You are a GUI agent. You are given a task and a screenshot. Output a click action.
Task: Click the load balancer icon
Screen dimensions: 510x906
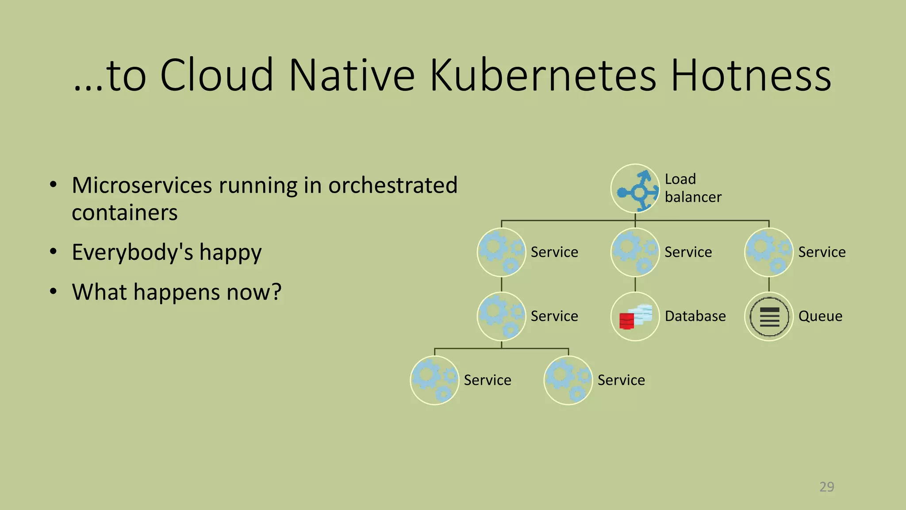[635, 189]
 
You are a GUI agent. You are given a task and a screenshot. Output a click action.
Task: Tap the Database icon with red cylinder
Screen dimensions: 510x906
[635, 317]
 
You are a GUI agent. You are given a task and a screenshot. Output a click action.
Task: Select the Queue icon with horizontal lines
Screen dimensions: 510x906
[769, 317]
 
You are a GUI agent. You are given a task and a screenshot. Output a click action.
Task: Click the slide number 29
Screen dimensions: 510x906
[826, 487]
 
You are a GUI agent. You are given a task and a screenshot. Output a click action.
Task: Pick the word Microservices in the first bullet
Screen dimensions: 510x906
[142, 185]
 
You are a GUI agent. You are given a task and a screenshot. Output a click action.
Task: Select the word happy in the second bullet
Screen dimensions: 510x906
[230, 253]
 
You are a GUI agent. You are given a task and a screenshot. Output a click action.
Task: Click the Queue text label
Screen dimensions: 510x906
[820, 317]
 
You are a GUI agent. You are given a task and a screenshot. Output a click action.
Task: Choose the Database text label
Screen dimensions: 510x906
[695, 317]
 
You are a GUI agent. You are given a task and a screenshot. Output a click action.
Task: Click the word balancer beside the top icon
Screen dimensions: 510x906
[693, 197]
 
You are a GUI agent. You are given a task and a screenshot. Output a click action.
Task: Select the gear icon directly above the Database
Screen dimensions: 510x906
[635, 252]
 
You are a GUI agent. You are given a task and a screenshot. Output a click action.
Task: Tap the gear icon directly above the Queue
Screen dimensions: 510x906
[769, 252]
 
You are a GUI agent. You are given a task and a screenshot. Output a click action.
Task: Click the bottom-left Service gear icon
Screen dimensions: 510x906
[435, 380]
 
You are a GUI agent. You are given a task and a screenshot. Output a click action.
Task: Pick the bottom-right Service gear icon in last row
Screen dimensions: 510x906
[568, 380]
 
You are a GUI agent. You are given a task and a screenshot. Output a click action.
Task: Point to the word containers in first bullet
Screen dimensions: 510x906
[125, 213]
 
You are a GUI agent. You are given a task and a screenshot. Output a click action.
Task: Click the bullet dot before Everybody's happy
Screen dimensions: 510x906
[53, 251]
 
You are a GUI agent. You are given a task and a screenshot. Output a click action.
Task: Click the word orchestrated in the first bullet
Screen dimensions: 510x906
[393, 185]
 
